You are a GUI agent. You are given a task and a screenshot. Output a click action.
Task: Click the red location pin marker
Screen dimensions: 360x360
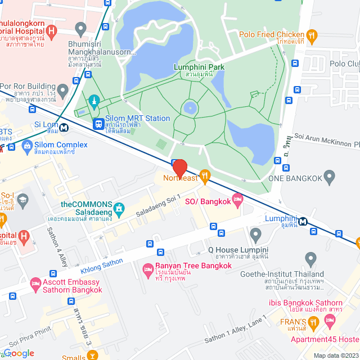179,168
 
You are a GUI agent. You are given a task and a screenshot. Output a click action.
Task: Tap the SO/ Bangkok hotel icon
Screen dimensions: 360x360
237,200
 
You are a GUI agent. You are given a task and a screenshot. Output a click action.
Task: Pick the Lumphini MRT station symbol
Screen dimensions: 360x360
304,221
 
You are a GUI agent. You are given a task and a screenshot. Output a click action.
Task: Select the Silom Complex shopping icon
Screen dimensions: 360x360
26,147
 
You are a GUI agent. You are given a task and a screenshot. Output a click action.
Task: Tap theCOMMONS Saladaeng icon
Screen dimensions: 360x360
119,209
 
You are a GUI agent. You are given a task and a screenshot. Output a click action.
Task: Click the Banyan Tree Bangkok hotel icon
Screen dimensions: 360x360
148,269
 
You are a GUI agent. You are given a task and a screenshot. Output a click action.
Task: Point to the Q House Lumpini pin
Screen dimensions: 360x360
255,233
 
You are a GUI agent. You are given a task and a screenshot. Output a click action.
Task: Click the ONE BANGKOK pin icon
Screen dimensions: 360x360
330,178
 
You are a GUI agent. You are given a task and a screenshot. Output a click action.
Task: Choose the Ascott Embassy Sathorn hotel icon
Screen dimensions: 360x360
36,282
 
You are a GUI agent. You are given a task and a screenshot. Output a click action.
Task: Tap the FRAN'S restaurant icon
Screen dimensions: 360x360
314,322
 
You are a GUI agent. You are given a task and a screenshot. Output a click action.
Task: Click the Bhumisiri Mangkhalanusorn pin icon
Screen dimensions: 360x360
81,28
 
